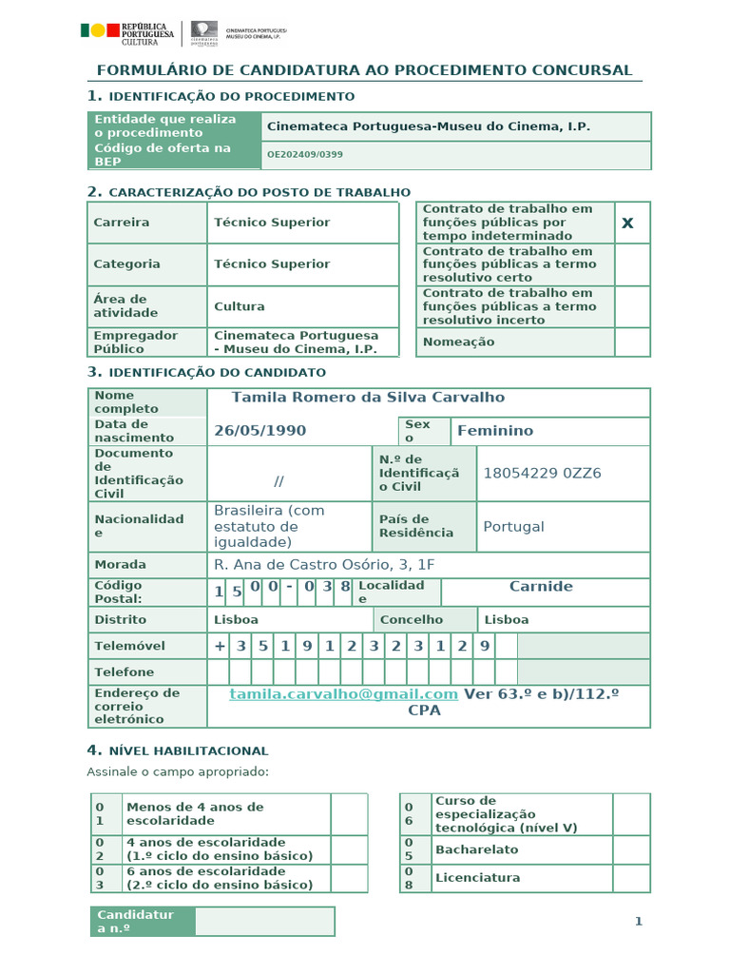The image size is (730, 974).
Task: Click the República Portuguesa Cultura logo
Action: point(128,33)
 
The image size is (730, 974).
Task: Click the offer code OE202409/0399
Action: point(305,154)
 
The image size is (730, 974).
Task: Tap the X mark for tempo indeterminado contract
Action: point(627,223)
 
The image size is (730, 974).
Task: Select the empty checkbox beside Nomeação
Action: point(632,342)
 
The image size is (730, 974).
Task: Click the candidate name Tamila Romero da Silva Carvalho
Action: point(368,398)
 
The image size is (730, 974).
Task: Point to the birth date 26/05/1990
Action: point(259,431)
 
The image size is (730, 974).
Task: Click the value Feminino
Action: point(495,431)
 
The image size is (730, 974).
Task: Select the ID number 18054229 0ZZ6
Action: point(542,474)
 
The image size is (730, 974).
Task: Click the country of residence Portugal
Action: point(513,527)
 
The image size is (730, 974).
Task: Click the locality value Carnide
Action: point(541,587)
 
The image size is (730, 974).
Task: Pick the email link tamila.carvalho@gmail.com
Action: point(344,694)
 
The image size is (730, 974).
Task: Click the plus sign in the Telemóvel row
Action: point(221,646)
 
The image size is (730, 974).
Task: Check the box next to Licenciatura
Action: point(631,878)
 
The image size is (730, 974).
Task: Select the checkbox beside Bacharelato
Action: point(631,849)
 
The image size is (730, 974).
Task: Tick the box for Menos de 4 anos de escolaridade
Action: point(349,814)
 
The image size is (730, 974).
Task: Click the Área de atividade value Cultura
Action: point(240,306)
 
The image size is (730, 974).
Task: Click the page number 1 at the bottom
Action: point(639,921)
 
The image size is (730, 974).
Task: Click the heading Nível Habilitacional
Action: point(187,750)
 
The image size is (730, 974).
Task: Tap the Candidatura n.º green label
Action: point(142,921)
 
